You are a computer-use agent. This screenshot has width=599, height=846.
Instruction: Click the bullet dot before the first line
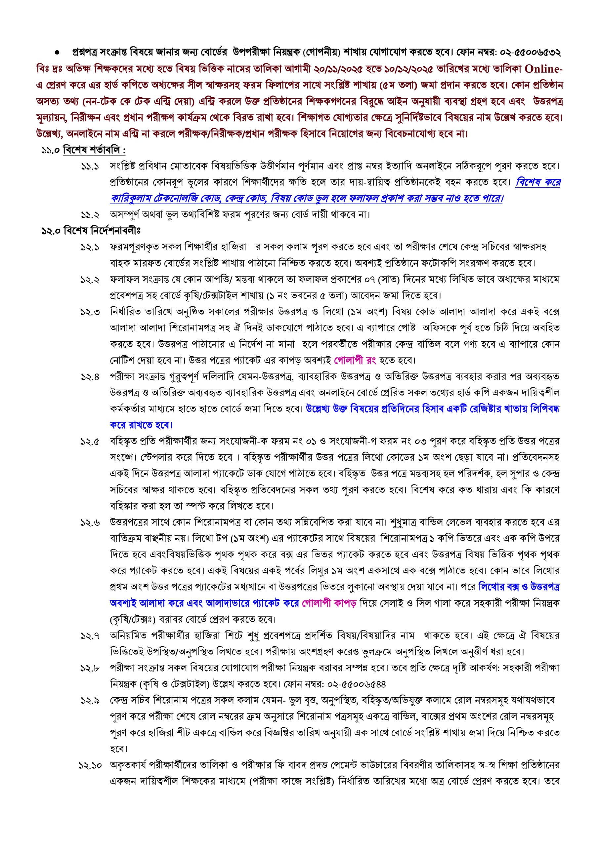click(57, 53)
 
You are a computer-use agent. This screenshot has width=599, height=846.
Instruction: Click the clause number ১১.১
click(90, 167)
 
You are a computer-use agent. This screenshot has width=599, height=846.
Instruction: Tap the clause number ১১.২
click(90, 215)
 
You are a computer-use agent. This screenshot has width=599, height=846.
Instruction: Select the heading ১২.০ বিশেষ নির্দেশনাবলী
click(91, 231)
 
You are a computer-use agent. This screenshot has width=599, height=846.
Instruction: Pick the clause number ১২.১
click(90, 247)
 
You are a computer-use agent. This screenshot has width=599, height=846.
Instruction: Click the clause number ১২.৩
click(90, 312)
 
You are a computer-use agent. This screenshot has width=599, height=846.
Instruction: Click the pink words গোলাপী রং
click(355, 360)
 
